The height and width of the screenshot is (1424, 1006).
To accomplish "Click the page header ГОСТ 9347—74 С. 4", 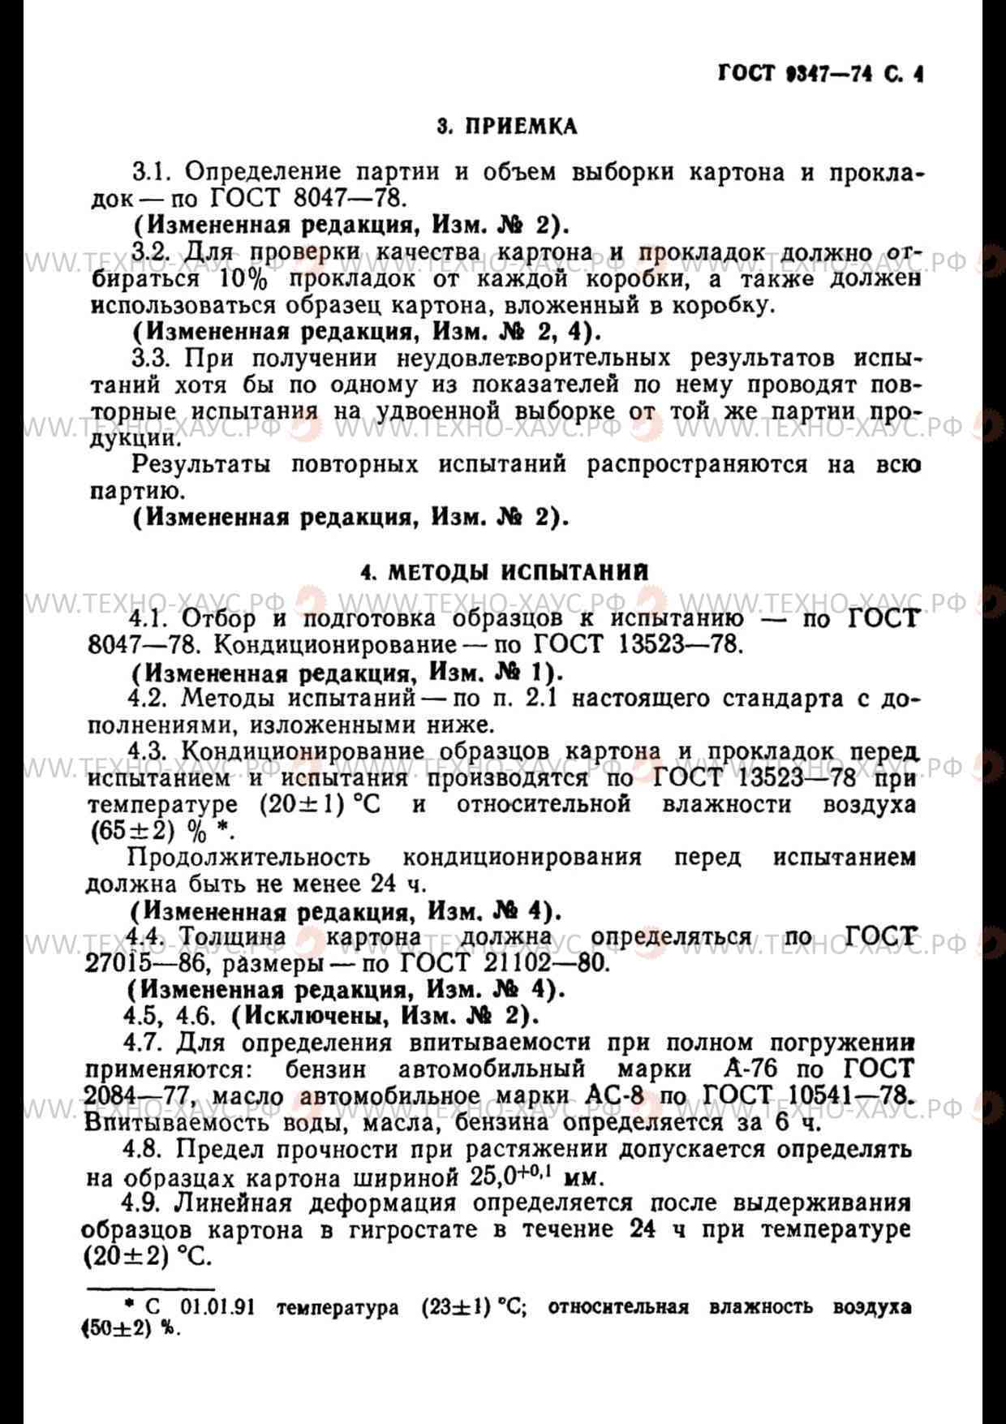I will click(x=820, y=75).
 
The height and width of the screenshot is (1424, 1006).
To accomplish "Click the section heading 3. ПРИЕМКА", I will click(x=507, y=127).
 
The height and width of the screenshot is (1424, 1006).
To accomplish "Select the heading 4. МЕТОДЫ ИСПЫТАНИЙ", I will click(x=505, y=572).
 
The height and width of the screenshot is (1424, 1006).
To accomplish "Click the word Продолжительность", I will click(x=249, y=858).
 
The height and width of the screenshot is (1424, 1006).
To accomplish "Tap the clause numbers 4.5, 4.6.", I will click(x=169, y=1017).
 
